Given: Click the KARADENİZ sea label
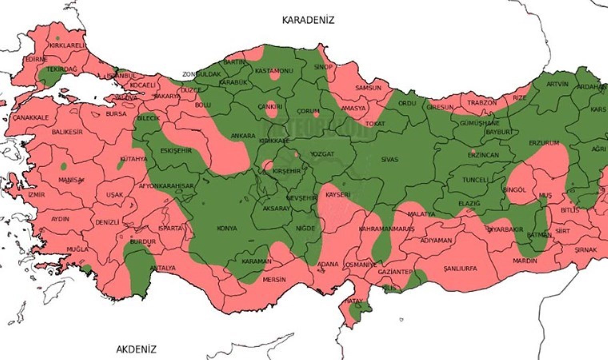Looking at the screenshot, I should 308,20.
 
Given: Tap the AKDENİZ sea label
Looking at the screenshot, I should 136,349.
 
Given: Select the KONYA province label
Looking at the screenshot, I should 227,228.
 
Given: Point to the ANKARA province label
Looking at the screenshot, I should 243,136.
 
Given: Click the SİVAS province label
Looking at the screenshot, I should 389,159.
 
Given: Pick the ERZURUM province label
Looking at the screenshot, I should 544,143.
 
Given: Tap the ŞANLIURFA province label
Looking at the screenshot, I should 460,269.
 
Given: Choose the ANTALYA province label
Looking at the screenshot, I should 162,268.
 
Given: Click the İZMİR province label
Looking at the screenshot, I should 36,195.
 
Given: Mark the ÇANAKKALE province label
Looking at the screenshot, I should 30,118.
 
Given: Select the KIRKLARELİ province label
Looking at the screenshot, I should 67,46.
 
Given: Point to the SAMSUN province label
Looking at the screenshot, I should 368,88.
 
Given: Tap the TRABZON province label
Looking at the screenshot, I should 482,103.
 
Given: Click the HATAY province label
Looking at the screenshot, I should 353,301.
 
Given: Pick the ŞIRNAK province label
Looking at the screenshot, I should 586,250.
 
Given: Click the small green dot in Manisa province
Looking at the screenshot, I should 63,166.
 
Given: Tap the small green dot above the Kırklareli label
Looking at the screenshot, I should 58,38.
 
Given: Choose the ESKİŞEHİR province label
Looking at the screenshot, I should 176,151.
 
